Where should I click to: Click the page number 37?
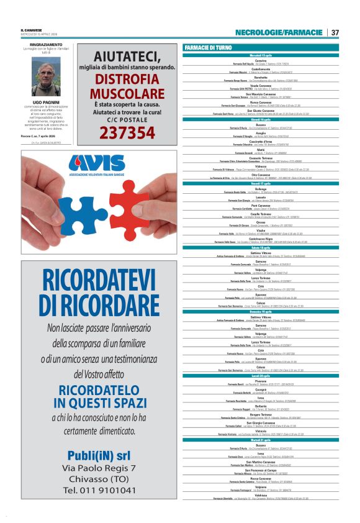[335, 32]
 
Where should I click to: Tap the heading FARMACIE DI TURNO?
[208, 48]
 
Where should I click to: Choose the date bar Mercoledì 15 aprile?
[261, 55]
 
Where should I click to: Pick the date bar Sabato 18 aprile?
[261, 247]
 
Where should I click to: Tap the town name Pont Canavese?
[261, 206]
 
